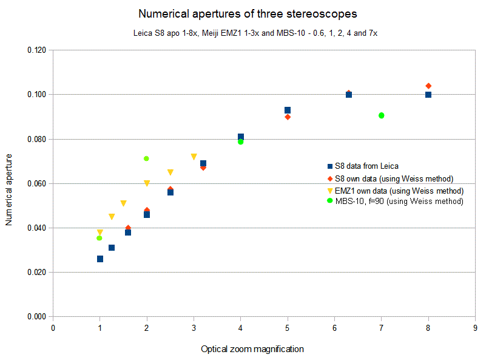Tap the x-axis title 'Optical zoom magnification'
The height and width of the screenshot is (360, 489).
coord(252,349)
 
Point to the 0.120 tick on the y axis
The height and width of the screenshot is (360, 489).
coord(38,50)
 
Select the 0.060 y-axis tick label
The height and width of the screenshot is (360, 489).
coord(38,183)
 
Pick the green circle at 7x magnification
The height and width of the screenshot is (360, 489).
coord(382,115)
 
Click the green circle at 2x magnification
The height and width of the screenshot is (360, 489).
coord(146,158)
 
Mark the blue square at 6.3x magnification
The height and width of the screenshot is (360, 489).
coord(349,95)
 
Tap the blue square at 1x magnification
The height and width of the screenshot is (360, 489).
coord(100,259)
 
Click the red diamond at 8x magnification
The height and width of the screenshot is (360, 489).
coord(428,86)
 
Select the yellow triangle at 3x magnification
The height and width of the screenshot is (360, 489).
coord(194,157)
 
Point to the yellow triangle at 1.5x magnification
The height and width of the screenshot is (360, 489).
coord(123,203)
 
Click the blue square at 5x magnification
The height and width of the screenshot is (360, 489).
coord(288,110)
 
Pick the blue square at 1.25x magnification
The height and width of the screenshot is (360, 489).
coord(112,248)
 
